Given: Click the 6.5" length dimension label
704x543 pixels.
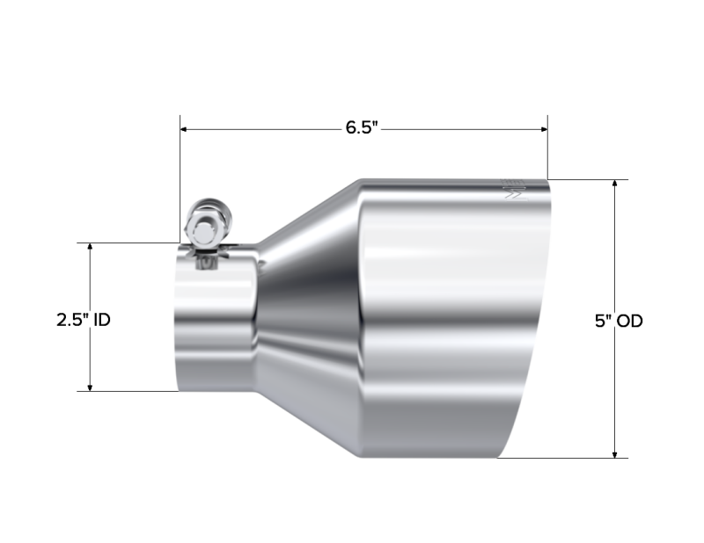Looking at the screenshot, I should [361, 128].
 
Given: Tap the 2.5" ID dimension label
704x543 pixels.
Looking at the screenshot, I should [84, 321].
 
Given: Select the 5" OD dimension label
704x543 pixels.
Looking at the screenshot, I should [619, 322].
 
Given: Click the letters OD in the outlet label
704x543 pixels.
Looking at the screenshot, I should [629, 322].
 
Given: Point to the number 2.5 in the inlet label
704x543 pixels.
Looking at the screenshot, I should [70, 321].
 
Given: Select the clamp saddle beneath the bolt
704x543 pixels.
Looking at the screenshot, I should [208, 256].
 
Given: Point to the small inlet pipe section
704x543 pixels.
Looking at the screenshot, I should [216, 325].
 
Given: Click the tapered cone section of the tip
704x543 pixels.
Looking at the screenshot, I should [308, 316].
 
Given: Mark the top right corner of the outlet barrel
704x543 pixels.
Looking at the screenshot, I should [550, 181].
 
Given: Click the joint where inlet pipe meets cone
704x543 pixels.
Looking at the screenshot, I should [258, 316].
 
